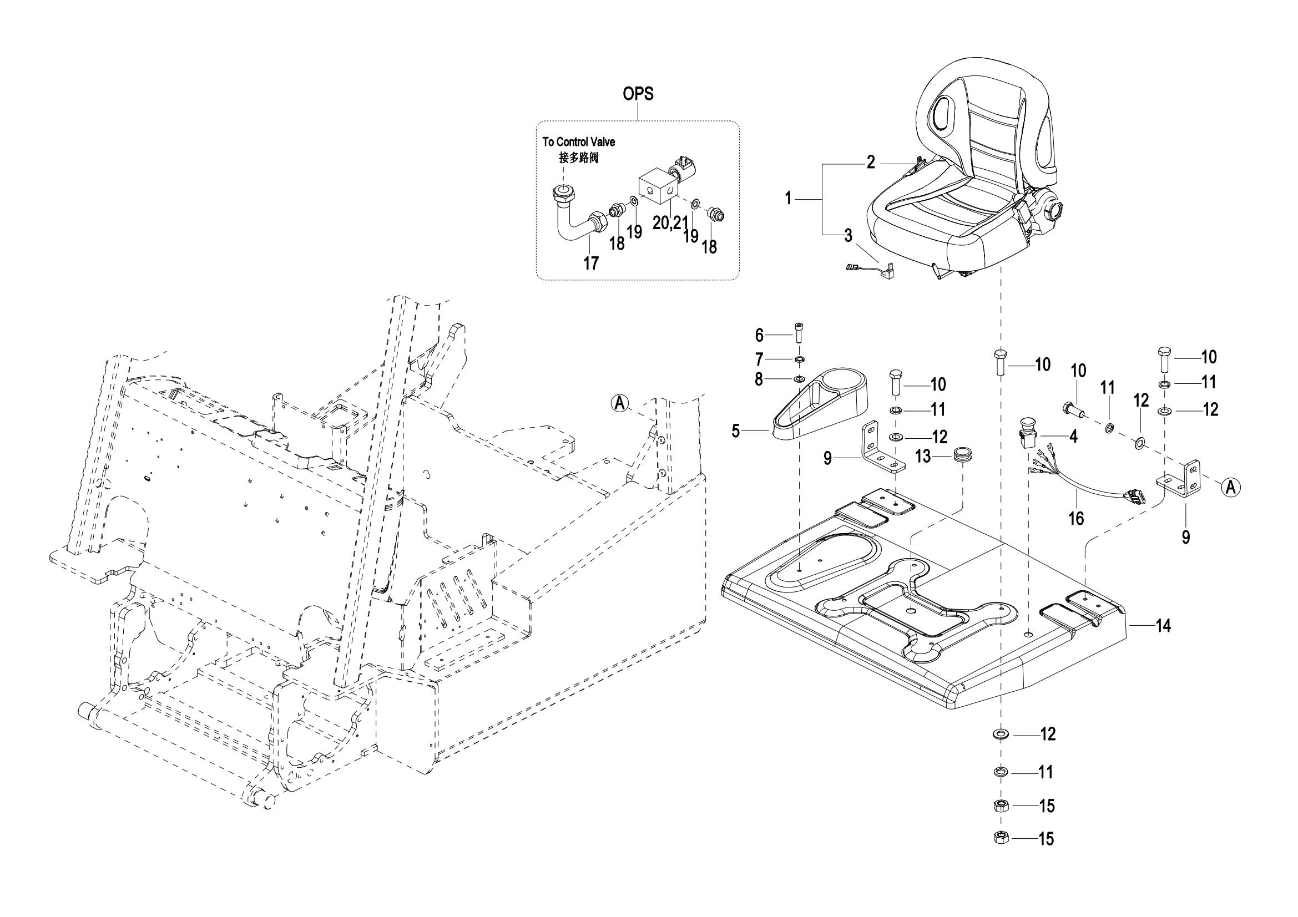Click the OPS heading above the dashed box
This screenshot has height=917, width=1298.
coord(638,94)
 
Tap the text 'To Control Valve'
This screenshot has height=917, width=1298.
coord(579,142)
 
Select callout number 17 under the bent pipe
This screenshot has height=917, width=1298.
coord(591,264)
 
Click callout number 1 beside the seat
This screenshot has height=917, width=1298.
coord(789,198)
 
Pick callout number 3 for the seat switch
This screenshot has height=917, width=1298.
coord(848,235)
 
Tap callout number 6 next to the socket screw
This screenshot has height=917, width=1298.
coord(759,336)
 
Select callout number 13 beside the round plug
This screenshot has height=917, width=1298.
coord(923,456)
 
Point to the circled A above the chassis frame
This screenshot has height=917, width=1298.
coord(620,403)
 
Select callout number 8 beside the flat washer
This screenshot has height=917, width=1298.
coord(759,379)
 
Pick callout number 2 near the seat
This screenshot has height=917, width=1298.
coord(871,163)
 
